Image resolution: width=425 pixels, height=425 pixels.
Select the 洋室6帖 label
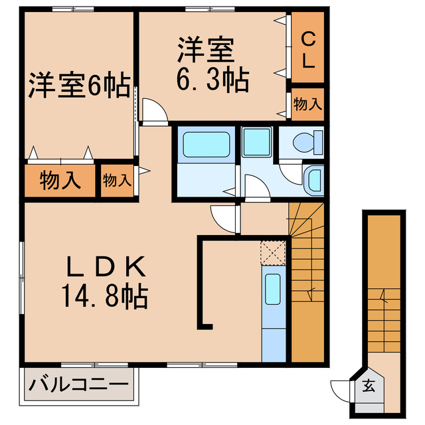click(79, 87)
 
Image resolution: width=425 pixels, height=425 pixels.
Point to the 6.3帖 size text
click(212, 80)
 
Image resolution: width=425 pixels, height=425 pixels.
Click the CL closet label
click(308, 50)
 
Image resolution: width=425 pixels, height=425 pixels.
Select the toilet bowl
click(304, 141)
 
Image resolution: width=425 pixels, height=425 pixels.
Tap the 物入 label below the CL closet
click(308, 104)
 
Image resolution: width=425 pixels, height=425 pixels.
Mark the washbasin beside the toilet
click(313, 179)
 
